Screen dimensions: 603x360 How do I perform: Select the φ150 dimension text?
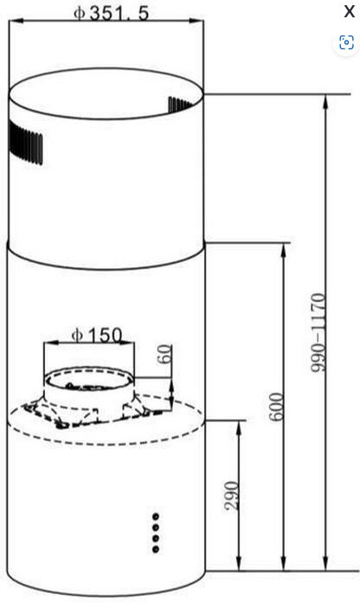97,333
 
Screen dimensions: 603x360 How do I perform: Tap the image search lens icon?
347,42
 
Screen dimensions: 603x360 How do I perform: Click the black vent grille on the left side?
26,143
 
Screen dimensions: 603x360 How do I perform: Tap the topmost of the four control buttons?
156,516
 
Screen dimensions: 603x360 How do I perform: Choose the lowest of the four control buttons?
156,548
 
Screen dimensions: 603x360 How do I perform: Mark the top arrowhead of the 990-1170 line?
325,100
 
